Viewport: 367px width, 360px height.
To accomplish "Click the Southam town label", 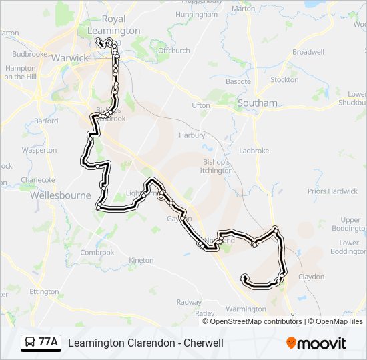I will [x=257, y=103].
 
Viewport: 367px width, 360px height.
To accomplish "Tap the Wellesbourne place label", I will [x=59, y=196].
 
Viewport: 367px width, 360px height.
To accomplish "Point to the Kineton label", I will [x=141, y=260].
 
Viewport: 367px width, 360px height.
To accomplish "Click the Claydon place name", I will [x=311, y=277].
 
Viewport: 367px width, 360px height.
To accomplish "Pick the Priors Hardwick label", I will [x=332, y=191].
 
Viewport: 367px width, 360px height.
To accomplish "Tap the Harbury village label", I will [x=192, y=135].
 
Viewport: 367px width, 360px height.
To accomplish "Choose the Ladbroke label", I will [x=254, y=151].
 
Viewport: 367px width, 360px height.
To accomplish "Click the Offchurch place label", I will [x=174, y=50].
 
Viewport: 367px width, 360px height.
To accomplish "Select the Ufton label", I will [x=200, y=105].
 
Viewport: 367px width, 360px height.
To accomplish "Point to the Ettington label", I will [x=44, y=291].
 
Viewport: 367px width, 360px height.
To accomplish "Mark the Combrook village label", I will [x=97, y=253].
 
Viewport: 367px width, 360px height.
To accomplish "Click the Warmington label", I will [x=246, y=309].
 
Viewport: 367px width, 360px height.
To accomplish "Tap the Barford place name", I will [x=46, y=121].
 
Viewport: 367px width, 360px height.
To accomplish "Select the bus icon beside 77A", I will [x=31, y=343].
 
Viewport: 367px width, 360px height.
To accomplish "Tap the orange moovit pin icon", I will [x=291, y=343].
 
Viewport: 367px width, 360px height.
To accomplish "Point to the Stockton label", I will [x=284, y=80].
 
